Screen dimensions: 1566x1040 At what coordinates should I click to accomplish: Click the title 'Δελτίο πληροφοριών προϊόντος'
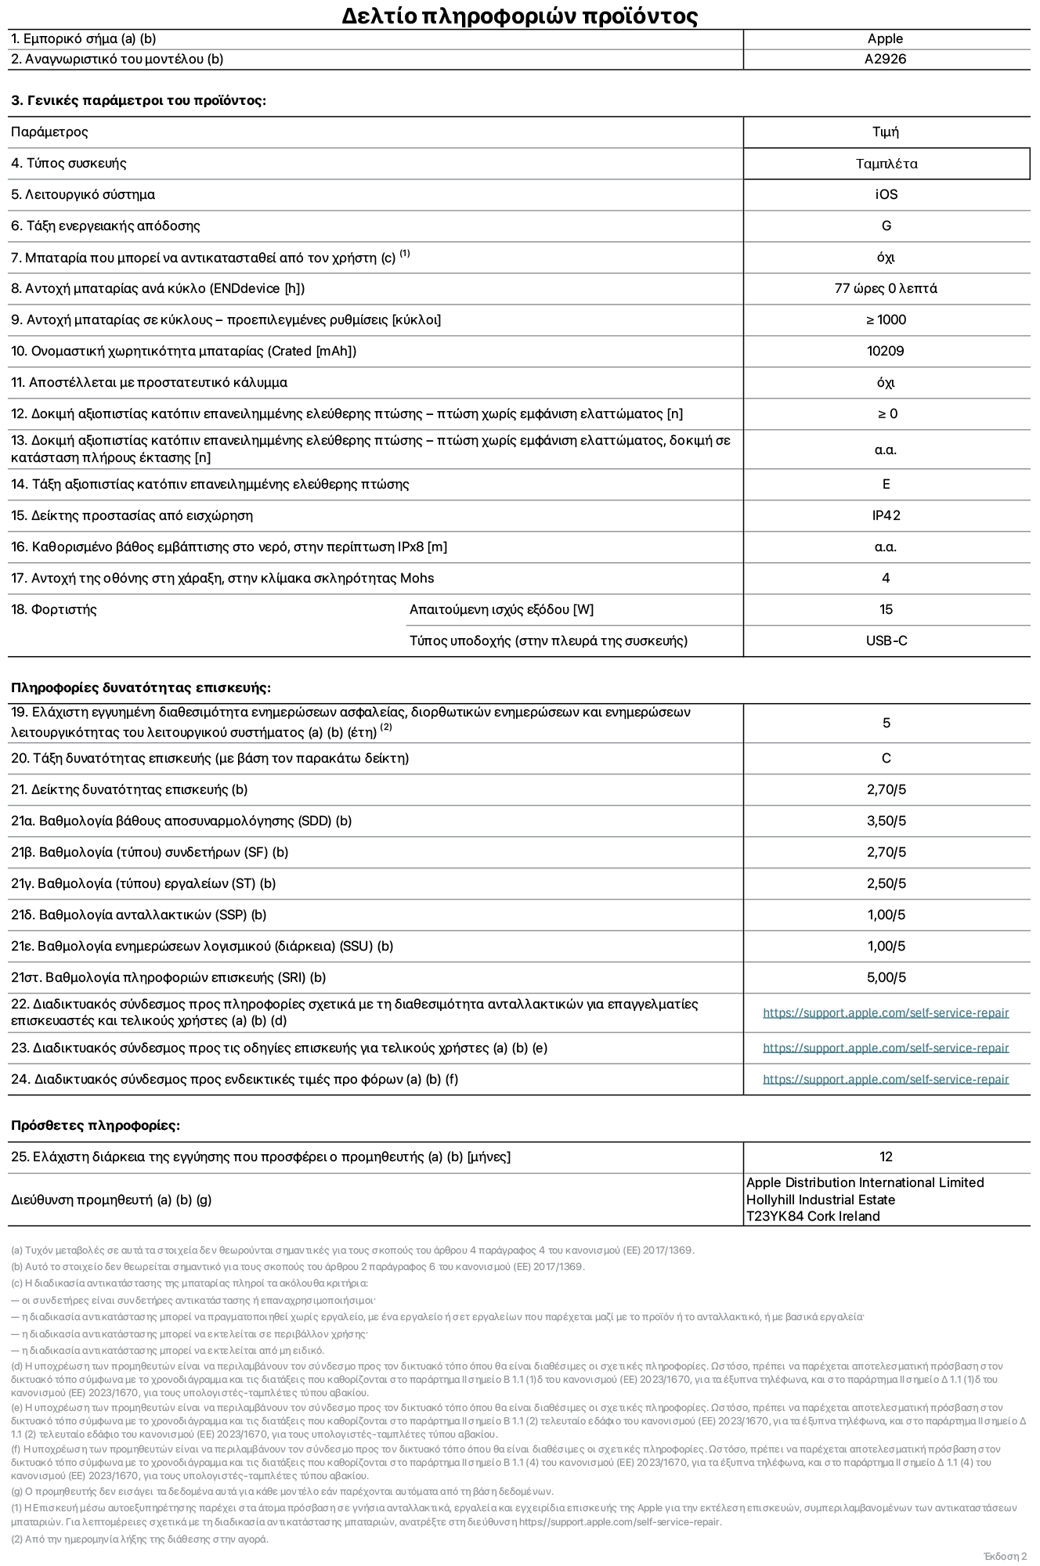tap(519, 16)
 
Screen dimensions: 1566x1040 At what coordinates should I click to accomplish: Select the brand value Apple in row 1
tap(885, 39)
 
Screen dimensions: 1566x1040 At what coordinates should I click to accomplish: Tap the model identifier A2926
tap(885, 60)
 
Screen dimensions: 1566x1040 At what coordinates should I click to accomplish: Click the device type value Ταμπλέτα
tap(887, 164)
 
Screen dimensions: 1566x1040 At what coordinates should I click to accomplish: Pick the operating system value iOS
tap(887, 195)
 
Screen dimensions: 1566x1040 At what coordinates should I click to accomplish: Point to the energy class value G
tap(887, 226)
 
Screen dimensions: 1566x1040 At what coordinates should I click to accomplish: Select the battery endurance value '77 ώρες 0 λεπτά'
tap(886, 289)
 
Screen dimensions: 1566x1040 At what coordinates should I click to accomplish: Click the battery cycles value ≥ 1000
tap(886, 320)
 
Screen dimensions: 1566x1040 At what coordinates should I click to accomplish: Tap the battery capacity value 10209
tap(886, 352)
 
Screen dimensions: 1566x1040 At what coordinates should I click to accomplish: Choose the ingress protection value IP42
tap(886, 516)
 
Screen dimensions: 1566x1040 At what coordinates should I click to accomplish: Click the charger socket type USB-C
tap(887, 641)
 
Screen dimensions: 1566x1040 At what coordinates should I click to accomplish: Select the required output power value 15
tap(886, 610)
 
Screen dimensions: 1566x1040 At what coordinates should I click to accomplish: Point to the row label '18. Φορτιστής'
tap(54, 610)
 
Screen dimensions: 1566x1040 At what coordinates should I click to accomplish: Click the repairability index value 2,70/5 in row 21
tap(886, 790)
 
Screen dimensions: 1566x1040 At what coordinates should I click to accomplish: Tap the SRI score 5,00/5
tap(886, 978)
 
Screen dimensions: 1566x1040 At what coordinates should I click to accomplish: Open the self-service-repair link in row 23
tap(886, 1048)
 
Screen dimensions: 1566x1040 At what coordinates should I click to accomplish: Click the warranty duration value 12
tap(886, 1157)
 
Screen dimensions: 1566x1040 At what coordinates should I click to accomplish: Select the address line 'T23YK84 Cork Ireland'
tap(813, 1217)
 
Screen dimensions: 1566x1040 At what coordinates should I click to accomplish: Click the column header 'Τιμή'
tap(886, 132)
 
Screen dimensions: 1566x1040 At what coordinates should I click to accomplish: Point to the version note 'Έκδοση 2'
tap(1005, 1557)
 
